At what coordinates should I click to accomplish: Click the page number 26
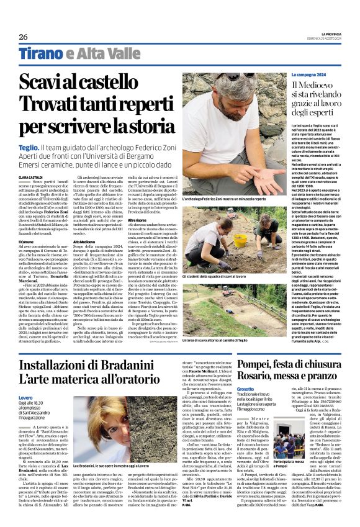pos(23,37)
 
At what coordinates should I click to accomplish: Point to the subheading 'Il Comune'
pos(27,223)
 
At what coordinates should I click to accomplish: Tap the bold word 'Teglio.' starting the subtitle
pos(29,148)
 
